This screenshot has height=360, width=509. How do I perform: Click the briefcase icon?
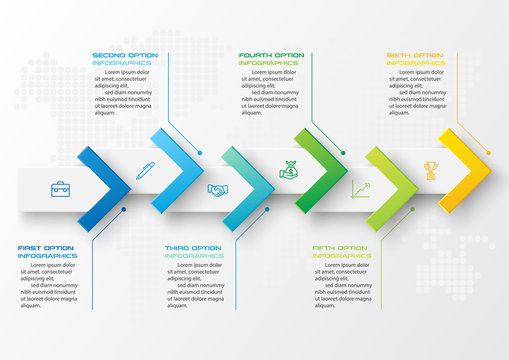click(x=60, y=188)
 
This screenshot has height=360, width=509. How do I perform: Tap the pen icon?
click(x=145, y=170)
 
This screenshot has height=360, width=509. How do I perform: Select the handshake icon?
click(x=217, y=189)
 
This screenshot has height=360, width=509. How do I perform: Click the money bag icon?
click(x=289, y=170)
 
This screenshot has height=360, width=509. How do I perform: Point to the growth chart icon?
click(x=360, y=188)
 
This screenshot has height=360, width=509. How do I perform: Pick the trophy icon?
click(x=431, y=170)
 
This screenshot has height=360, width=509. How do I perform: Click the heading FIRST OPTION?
click(x=46, y=248)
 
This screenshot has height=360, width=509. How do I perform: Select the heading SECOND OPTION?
click(x=122, y=55)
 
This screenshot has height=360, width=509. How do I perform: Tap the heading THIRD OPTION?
click(x=193, y=248)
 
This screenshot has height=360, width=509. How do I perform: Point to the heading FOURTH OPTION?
click(x=271, y=55)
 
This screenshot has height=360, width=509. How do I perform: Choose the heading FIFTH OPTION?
click(x=339, y=248)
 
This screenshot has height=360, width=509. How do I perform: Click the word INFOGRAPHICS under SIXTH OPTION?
click(x=416, y=63)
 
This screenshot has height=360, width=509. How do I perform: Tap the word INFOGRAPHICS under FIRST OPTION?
click(x=47, y=256)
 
